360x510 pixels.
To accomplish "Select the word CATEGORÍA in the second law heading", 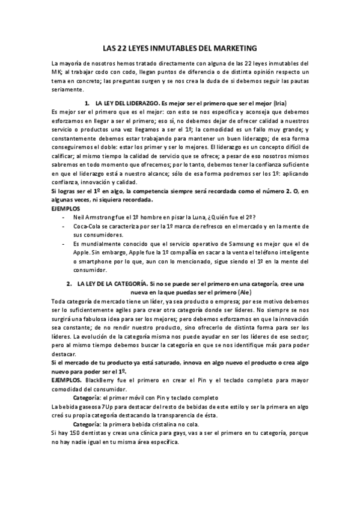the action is pyautogui.click(x=127, y=283).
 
